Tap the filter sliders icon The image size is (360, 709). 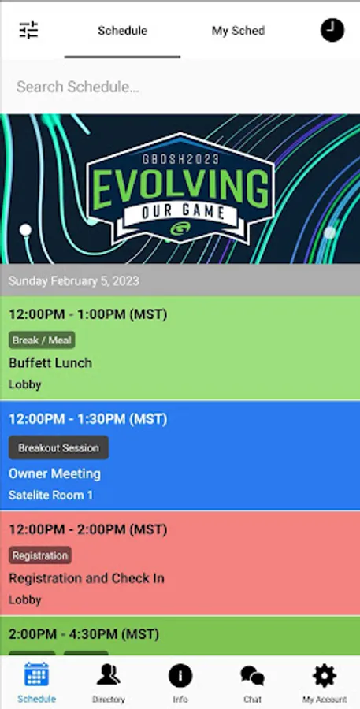[28, 30]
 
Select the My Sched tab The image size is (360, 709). [239, 31]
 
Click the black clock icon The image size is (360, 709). [332, 30]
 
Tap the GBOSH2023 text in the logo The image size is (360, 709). [180, 158]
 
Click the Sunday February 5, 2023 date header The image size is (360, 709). [74, 280]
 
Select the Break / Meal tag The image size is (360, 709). [42, 340]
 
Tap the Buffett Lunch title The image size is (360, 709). [50, 362]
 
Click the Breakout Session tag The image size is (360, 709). [58, 447]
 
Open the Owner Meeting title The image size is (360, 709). [54, 473]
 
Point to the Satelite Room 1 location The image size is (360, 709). [50, 496]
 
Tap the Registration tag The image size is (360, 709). [40, 555]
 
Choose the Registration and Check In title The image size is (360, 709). [87, 578]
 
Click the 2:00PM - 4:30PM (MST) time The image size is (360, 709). [84, 634]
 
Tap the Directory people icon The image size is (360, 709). [109, 674]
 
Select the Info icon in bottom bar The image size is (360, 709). [180, 677]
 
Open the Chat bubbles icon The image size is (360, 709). [252, 677]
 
